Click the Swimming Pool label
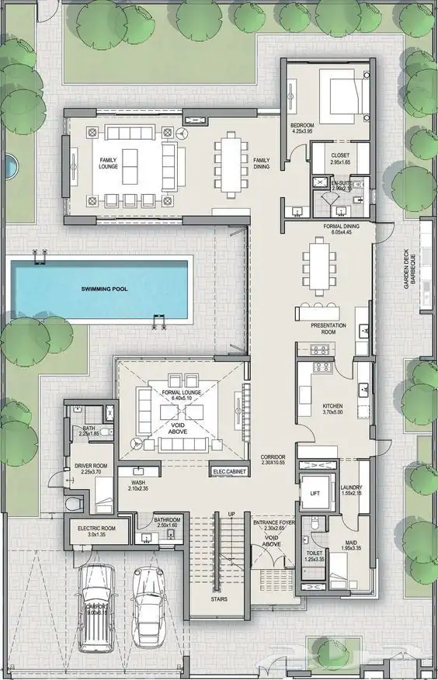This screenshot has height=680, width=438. [x=104, y=288]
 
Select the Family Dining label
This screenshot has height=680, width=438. [x=262, y=164]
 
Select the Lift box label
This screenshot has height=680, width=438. [x=315, y=493]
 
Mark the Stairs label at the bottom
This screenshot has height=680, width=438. [x=220, y=598]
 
